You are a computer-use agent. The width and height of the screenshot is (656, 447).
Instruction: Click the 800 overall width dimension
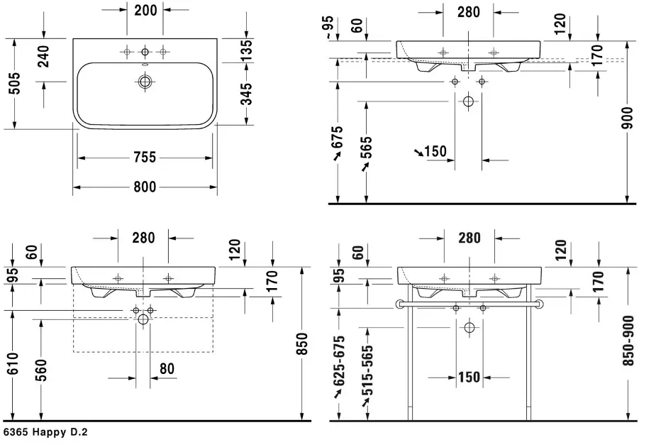point(145,187)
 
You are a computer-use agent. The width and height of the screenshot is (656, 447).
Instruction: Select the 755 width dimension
point(145,158)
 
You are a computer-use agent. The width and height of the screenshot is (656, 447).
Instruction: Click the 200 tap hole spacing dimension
point(145,11)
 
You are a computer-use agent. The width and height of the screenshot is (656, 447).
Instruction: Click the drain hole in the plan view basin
point(145,82)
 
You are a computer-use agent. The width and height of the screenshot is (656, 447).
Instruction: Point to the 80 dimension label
point(167,369)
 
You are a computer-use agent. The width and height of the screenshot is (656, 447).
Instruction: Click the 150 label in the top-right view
point(435,151)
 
